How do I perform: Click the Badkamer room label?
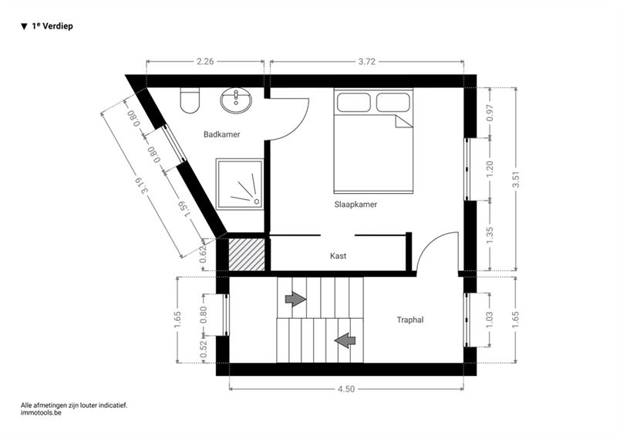(221, 134)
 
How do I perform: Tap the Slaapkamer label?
(356, 205)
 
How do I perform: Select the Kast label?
(338, 256)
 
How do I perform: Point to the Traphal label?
(410, 320)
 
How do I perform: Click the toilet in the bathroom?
(190, 100)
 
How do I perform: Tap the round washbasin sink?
(236, 100)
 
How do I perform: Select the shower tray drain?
(257, 202)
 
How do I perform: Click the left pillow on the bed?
(354, 103)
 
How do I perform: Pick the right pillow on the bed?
(393, 103)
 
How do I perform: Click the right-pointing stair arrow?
(295, 299)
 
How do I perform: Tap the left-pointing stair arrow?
(345, 340)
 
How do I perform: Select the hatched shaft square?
(247, 255)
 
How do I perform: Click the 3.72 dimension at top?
(367, 62)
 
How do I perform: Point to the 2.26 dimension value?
(205, 62)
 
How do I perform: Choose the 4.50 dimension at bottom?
(346, 389)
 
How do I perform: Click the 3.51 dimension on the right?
(516, 179)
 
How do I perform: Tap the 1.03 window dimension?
(490, 320)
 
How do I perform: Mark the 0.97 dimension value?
(490, 113)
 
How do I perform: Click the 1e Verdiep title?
(47, 26)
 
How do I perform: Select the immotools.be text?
(41, 413)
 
